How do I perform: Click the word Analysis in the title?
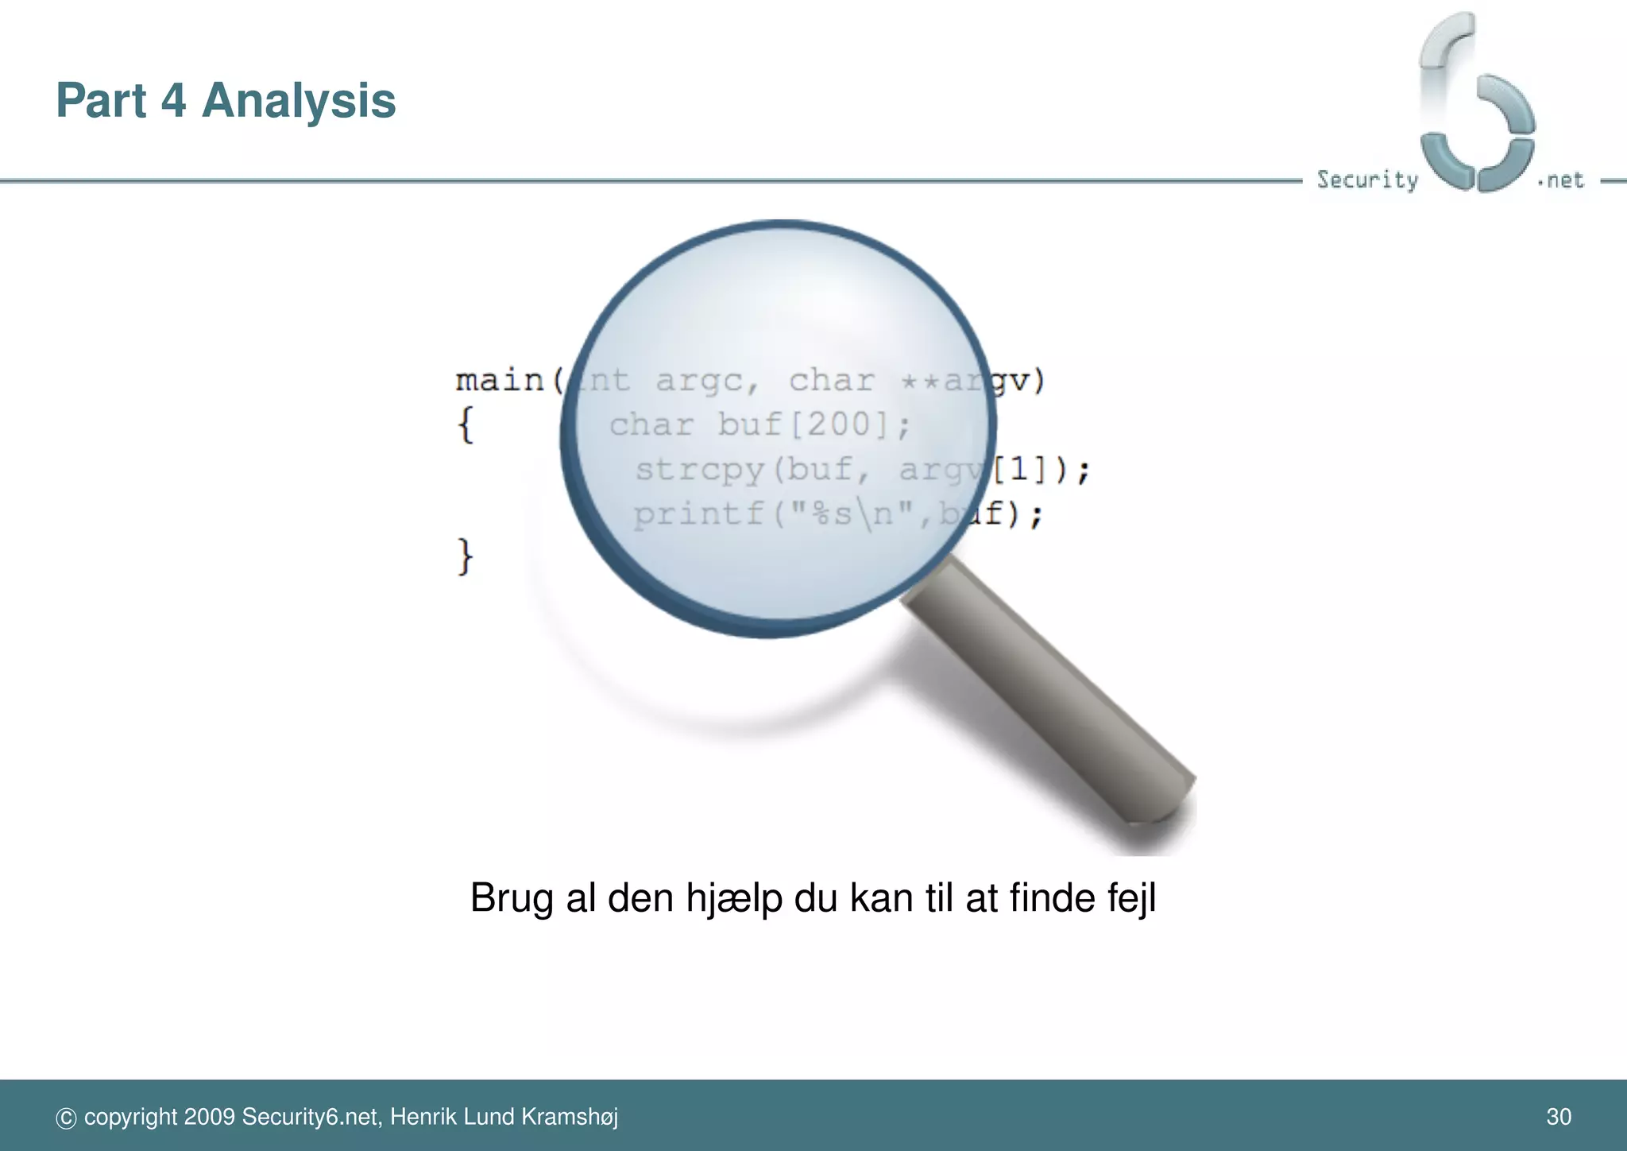(x=299, y=101)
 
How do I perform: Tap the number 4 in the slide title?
(x=173, y=101)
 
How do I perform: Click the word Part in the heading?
(x=101, y=101)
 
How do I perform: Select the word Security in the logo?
(x=1367, y=180)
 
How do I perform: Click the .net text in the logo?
(x=1561, y=180)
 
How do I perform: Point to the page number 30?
(x=1559, y=1117)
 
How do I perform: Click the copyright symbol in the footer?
(x=66, y=1118)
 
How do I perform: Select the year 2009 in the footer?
(x=209, y=1117)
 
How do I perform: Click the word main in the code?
(x=500, y=381)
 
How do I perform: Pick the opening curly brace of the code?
(x=466, y=424)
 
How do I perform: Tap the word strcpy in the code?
(x=700, y=470)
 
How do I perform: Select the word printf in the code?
(x=698, y=514)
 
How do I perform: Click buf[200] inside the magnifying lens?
(x=802, y=424)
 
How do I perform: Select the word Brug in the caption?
(x=511, y=898)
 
